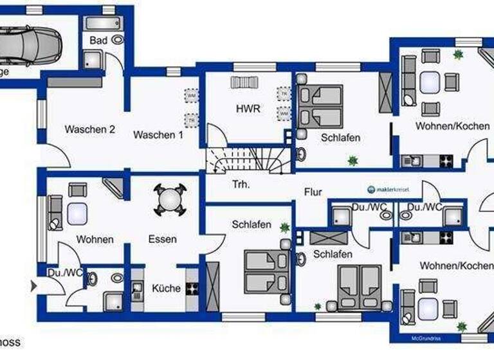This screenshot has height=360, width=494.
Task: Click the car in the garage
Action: (29, 44)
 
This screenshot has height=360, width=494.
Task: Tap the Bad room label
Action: (98, 40)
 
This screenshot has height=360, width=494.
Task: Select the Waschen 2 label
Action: (89, 129)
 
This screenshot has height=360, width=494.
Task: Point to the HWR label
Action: (248, 109)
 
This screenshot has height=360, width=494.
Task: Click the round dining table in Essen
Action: (169, 199)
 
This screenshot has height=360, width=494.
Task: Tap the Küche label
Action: (166, 288)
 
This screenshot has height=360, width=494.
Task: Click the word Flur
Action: (313, 192)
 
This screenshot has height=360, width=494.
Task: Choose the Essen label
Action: (161, 239)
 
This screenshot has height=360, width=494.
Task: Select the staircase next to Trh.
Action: (246, 159)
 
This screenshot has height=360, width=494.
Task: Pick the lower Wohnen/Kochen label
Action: (457, 265)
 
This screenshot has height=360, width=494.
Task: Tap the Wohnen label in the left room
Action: (95, 239)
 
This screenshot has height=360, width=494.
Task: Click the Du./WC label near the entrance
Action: (65, 273)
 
